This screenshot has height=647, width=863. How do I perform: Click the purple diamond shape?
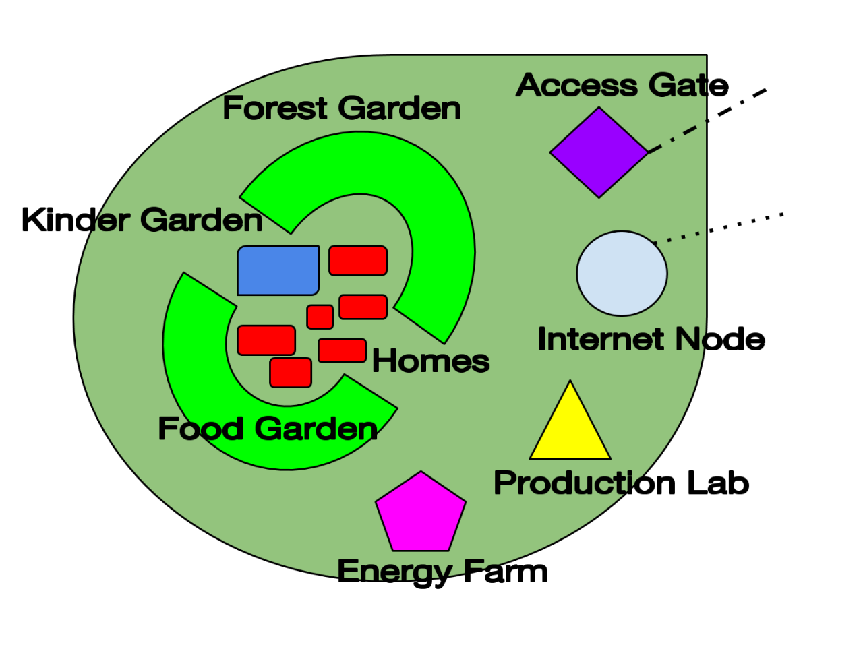[599, 152]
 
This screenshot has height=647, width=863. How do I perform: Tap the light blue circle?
[622, 274]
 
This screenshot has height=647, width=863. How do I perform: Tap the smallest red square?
[320, 317]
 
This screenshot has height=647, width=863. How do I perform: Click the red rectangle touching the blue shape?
[358, 261]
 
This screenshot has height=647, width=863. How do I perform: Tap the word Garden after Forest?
[400, 108]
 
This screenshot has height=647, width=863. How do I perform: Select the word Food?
[200, 429]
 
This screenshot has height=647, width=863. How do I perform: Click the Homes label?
[430, 361]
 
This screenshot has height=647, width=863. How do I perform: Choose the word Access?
[577, 86]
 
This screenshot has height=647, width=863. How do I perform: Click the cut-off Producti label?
[566, 483]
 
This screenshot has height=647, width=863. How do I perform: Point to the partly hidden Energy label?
[394, 569]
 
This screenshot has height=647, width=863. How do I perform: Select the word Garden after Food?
[316, 429]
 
